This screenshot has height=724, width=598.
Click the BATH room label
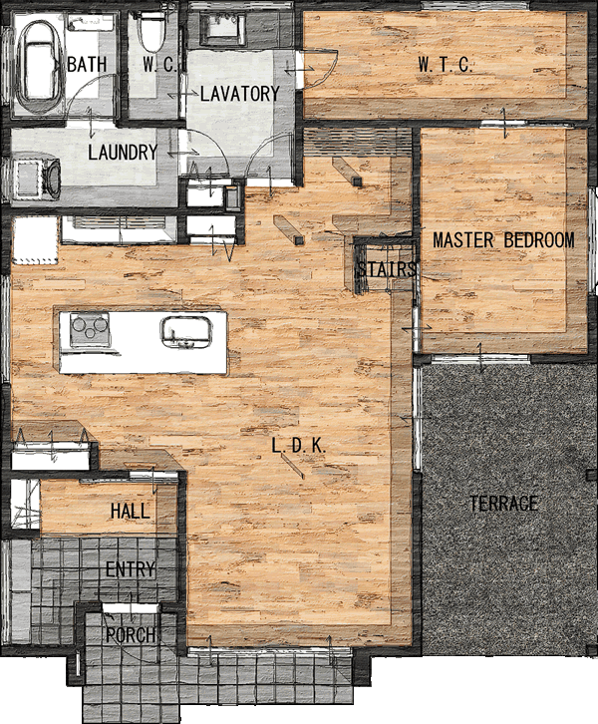[x=87, y=64]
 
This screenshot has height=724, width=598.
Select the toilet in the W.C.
[x=152, y=32]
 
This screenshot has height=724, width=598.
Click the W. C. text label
[x=159, y=65]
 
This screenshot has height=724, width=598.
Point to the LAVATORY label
[x=240, y=94]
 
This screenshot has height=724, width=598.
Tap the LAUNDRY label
[x=123, y=153]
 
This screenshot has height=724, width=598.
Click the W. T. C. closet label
[x=446, y=65]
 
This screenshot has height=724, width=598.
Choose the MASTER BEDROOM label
[x=503, y=240]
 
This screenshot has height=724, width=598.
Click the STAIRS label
[x=387, y=269]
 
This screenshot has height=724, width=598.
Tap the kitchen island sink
[x=186, y=332]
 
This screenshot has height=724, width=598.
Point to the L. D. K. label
[x=299, y=446]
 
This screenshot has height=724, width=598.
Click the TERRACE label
[x=503, y=503]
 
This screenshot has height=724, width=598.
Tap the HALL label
[x=131, y=512]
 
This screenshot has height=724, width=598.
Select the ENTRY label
[x=131, y=569]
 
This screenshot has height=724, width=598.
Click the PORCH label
[x=131, y=635]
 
